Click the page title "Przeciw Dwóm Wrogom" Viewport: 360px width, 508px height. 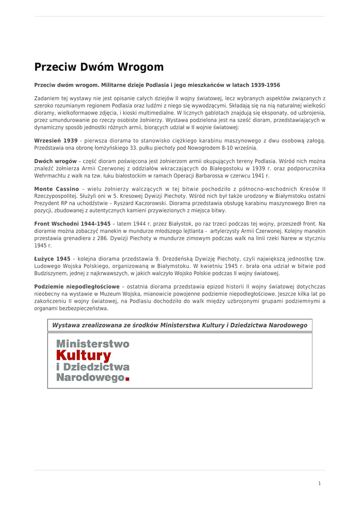(99, 67)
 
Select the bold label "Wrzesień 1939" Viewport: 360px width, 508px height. (56, 141)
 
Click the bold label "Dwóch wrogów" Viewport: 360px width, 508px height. (55, 162)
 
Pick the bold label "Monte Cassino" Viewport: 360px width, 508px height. (56, 189)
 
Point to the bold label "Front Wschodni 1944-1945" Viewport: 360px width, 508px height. (72, 224)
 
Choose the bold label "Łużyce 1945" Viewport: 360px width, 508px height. (52, 259)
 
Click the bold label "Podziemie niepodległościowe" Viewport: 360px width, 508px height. (77, 287)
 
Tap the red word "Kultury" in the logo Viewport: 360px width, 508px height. (83, 355)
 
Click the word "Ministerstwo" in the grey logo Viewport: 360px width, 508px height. (93, 344)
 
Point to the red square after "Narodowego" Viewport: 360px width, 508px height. (127, 379)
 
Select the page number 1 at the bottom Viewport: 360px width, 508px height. (320, 483)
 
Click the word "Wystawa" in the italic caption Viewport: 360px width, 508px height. (66, 325)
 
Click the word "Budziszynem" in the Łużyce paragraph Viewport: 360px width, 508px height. (50, 273)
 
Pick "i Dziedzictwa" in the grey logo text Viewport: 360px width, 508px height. (93, 367)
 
